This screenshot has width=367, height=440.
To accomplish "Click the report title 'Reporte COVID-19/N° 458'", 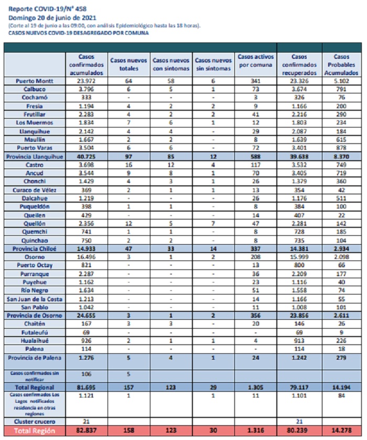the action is (47, 9).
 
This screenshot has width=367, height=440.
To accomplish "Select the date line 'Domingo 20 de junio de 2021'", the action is (52, 18).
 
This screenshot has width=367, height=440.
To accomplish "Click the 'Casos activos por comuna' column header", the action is (255, 61).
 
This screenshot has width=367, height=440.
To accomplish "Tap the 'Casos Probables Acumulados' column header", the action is (341, 65).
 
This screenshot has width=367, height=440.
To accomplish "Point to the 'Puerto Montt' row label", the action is (35, 81).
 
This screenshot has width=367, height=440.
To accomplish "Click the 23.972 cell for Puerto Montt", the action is (87, 81).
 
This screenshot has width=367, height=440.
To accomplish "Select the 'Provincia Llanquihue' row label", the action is (35, 156).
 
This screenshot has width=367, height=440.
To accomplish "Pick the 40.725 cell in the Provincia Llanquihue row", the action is (87, 156).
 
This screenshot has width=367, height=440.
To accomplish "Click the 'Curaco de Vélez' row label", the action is (35, 190).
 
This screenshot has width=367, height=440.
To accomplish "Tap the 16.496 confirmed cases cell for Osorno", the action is (87, 257).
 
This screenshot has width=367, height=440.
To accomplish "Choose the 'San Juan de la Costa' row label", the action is (35, 299).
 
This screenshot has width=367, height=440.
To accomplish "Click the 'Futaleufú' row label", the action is (35, 332).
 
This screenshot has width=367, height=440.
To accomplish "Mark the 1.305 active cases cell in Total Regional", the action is (255, 387).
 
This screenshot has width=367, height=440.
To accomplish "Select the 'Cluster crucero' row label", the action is (35, 422).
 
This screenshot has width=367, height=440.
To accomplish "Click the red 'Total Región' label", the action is (35, 431).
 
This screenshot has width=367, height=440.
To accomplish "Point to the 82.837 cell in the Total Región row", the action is (87, 431).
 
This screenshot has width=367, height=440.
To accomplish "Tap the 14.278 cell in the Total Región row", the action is (341, 431).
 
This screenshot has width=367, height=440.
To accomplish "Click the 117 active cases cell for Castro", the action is (255, 165).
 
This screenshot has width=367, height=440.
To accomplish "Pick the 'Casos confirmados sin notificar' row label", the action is (35, 376).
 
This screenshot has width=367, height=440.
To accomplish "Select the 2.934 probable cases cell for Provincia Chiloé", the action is (341, 249).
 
